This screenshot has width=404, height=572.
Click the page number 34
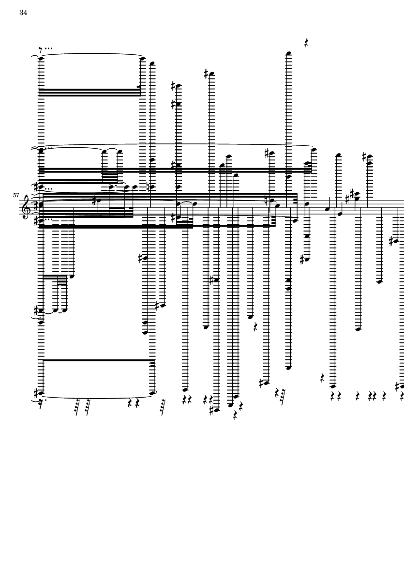(x=23, y=13)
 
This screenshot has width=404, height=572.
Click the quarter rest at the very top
(x=307, y=43)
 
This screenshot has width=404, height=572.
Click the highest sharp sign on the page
(x=207, y=74)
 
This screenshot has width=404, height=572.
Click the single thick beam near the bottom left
(x=97, y=360)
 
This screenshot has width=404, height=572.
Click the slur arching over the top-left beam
(x=92, y=55)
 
